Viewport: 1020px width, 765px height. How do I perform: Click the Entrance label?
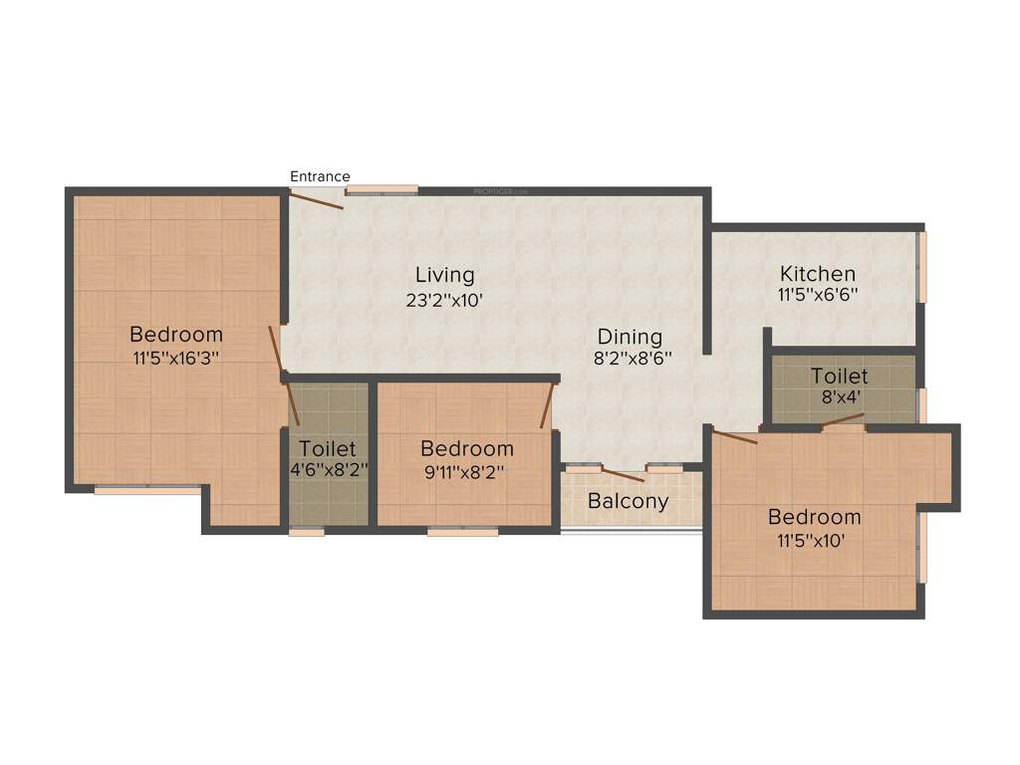coord(320,176)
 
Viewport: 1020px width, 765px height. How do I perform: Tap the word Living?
coord(445,274)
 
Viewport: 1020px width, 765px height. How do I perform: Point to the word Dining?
coord(630,337)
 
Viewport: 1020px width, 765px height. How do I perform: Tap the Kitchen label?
coord(818,273)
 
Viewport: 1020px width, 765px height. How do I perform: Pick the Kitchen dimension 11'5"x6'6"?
coord(818,295)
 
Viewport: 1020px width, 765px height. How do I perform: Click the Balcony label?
coord(628,501)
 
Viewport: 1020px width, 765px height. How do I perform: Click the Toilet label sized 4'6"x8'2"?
coord(327,449)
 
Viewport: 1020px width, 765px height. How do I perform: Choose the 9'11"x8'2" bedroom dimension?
coord(466,472)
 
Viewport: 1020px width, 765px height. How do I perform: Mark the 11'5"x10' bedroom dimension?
coord(814,541)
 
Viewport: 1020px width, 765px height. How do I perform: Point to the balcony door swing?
coord(624,475)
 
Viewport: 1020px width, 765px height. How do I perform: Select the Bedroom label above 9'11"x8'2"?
coord(466,449)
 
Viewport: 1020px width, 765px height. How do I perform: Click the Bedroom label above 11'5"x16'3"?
coord(175,334)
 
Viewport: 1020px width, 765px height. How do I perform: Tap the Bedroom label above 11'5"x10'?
coord(814,518)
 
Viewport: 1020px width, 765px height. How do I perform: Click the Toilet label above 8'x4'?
coord(839,377)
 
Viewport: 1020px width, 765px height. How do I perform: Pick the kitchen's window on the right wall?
coord(922,266)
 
